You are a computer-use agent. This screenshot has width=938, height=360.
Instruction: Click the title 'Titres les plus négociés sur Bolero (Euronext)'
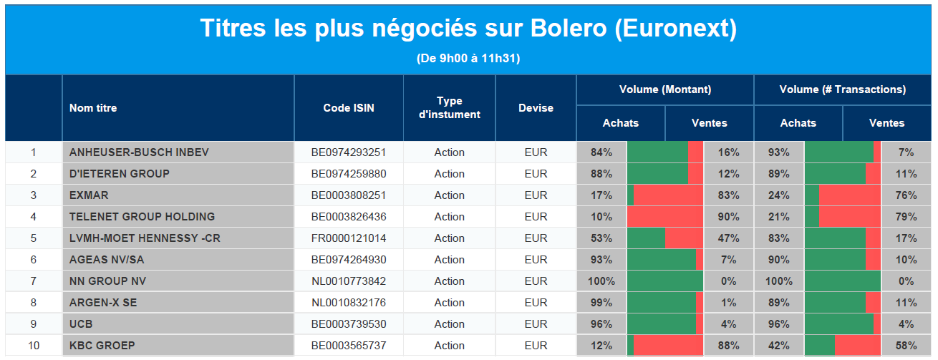point(468,29)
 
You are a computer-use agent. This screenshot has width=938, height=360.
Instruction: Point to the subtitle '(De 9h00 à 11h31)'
point(468,58)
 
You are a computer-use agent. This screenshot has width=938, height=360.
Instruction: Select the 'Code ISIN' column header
point(349,108)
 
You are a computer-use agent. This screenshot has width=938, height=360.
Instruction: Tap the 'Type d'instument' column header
point(450,107)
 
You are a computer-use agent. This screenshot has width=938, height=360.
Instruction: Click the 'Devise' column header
point(536,108)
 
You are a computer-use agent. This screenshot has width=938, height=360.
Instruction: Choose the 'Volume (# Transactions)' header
point(843,89)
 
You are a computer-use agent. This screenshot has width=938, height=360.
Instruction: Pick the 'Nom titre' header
point(93,108)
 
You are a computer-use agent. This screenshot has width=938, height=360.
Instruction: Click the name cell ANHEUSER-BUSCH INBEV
point(178,152)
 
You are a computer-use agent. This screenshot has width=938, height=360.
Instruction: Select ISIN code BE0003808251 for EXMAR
point(349,195)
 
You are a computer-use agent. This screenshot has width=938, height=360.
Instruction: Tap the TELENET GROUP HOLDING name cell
point(178,216)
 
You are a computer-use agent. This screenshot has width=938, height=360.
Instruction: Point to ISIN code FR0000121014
point(349,238)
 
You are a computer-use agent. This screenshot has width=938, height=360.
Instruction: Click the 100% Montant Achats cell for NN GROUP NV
point(601,281)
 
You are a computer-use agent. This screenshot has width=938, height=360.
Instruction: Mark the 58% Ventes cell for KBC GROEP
point(906,346)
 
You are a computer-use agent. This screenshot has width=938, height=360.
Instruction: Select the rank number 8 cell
point(34,302)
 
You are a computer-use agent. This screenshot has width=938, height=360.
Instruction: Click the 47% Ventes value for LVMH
point(729,238)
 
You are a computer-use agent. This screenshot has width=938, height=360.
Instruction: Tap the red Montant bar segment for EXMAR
point(668,195)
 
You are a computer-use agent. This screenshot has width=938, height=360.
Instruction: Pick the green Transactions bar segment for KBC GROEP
point(819,346)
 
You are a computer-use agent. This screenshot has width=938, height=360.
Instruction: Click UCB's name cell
point(178,324)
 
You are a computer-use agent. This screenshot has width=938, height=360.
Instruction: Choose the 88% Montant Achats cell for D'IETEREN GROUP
point(601,174)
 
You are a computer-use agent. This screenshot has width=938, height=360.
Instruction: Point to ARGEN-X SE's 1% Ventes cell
point(729,302)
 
